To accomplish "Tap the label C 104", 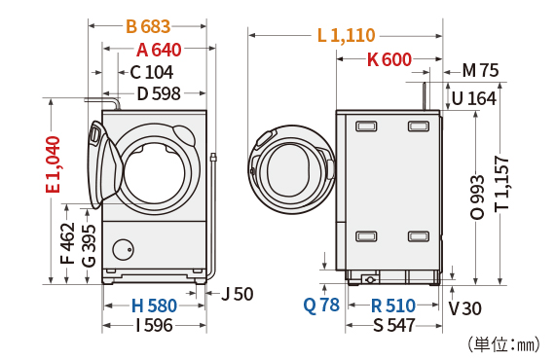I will pyautogui.click(x=151, y=72).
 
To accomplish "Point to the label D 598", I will pyautogui.click(x=159, y=94).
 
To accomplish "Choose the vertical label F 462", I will pyautogui.click(x=67, y=243).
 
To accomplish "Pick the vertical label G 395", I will pyautogui.click(x=89, y=243).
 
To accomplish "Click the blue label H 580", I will pyautogui.click(x=154, y=306).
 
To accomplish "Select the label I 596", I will pyautogui.click(x=154, y=326).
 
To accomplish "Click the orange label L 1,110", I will pyautogui.click(x=346, y=36).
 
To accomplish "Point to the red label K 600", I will pyautogui.click(x=388, y=59).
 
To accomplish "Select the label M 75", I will pyautogui.click(x=480, y=70).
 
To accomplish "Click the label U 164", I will pyautogui.click(x=474, y=97).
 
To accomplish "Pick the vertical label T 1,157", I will pyautogui.click(x=501, y=185).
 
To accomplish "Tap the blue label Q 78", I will pyautogui.click(x=321, y=305).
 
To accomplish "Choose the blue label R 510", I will pyautogui.click(x=393, y=306).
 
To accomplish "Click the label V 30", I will pyautogui.click(x=465, y=307).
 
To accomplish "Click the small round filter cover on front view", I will pyautogui.click(x=122, y=248).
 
